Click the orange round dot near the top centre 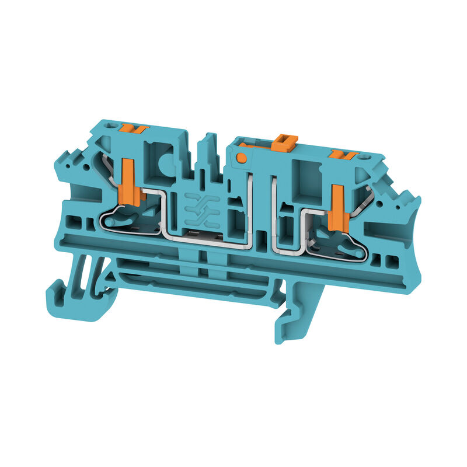[x=241, y=157]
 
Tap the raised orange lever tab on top [x=284, y=142]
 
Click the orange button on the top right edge [x=343, y=155]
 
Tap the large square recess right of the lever [x=304, y=177]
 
